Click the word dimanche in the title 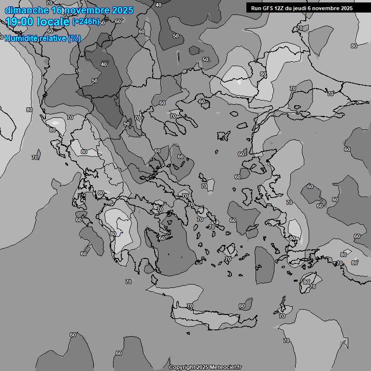tap(27, 10)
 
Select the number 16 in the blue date tap(57, 10)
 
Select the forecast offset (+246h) tap(86, 22)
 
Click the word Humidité tap(21, 38)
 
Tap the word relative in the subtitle tap(53, 38)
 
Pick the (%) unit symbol tap(74, 38)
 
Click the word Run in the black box tap(257, 8)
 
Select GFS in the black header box tap(269, 8)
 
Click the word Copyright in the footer tap(182, 368)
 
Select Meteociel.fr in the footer tap(226, 368)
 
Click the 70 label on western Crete tap(190, 306)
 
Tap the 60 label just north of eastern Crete tap(242, 306)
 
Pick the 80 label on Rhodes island tap(306, 282)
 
